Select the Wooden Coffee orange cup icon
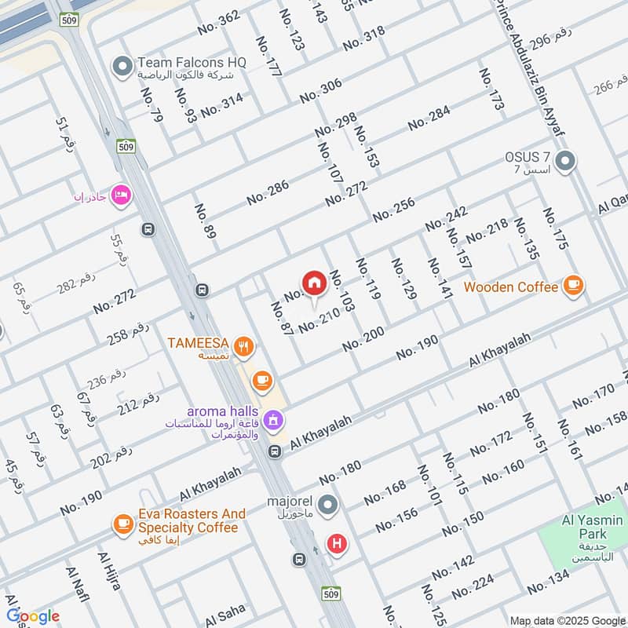[x=574, y=287]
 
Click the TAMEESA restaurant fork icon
[x=246, y=343]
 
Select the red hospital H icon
[x=338, y=542]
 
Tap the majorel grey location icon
[x=330, y=504]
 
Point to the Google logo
[x=33, y=616]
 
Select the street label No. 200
[x=363, y=339]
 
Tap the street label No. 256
[x=393, y=209]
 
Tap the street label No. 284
[x=429, y=118]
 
